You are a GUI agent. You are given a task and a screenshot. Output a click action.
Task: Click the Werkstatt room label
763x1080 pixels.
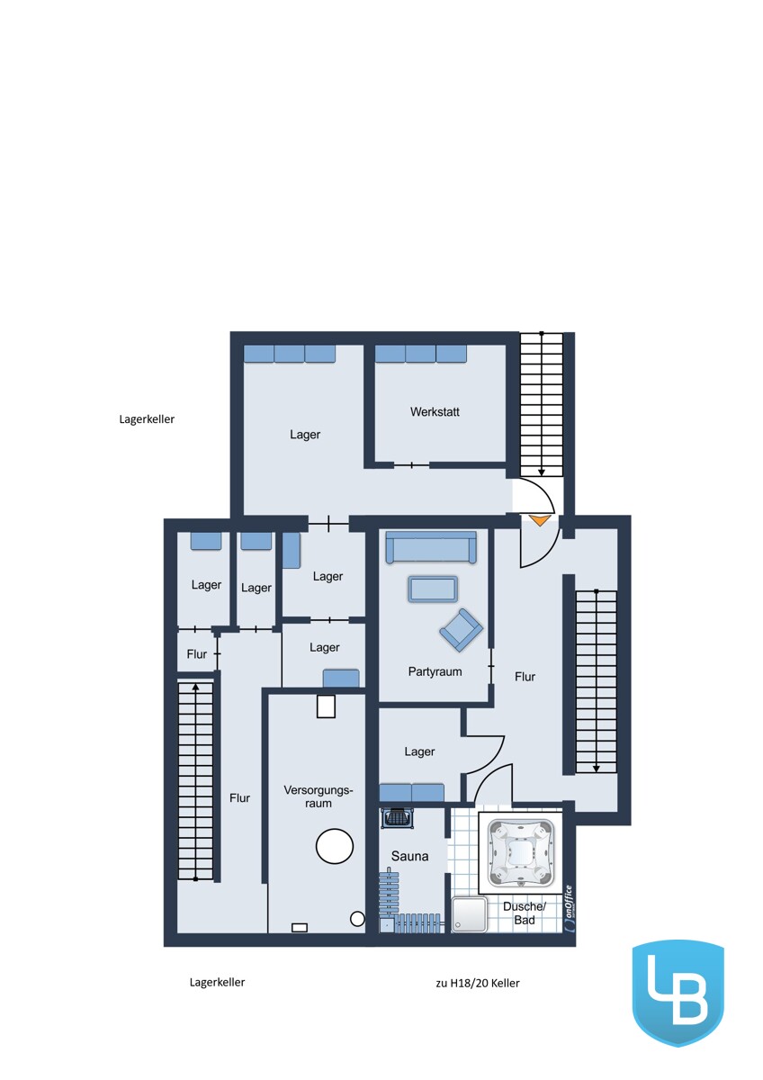(435, 412)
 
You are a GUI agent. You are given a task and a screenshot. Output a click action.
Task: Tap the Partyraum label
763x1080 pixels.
(435, 671)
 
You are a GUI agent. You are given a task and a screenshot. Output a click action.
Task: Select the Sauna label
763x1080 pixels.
(409, 856)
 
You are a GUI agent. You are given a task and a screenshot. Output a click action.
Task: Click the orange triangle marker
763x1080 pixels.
(540, 520)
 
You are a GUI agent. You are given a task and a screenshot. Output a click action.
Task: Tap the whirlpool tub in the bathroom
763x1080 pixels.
(520, 853)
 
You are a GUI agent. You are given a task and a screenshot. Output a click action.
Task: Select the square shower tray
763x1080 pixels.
(470, 914)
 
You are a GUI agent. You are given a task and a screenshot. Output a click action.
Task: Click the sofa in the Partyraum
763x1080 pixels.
(431, 547)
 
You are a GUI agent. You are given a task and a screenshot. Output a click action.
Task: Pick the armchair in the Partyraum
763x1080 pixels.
(461, 630)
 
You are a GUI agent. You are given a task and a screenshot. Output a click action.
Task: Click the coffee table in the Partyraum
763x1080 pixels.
(433, 589)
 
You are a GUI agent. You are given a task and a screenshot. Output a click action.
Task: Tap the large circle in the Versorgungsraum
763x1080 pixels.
(335, 846)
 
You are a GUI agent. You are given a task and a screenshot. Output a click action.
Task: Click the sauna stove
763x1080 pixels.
(398, 818)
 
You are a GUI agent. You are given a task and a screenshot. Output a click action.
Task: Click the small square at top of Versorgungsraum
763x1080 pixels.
(326, 706)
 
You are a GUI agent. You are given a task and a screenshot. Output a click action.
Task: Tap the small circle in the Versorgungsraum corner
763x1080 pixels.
(357, 919)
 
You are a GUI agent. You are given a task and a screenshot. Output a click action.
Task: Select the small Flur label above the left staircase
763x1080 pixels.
(197, 653)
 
